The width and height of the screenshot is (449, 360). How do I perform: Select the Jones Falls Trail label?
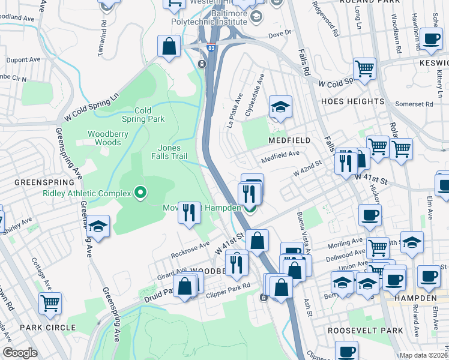coord(176,152)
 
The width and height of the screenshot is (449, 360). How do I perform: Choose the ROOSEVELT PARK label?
coord(357,330)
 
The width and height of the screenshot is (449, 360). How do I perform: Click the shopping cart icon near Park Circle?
coord(50,303)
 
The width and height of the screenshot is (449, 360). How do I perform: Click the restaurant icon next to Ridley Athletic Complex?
coord(189,212)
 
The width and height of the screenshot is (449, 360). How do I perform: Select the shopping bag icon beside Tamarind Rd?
coord(169,46)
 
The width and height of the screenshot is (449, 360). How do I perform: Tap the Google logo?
coord(20,353)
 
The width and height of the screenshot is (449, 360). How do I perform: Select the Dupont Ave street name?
coord(24,61)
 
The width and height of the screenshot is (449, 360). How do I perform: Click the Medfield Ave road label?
coord(279,158)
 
